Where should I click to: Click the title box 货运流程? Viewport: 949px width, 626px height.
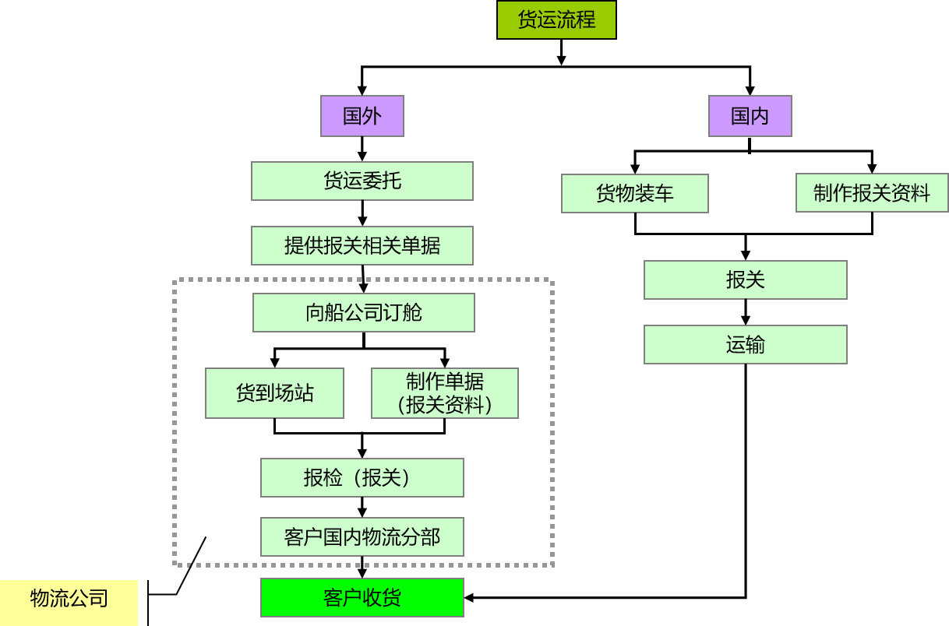[556, 19]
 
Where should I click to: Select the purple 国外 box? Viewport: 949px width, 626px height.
[362, 116]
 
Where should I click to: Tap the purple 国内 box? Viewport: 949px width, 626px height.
[750, 116]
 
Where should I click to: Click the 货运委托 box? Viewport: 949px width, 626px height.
[362, 181]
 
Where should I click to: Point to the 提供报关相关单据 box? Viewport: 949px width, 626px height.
[362, 246]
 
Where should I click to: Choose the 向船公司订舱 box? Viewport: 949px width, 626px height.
[364, 313]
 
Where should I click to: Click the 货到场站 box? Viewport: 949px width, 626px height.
[274, 393]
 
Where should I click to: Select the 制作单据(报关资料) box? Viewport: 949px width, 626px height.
[445, 393]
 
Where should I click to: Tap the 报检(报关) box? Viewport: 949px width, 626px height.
[362, 477]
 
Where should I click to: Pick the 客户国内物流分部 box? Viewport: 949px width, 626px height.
[362, 536]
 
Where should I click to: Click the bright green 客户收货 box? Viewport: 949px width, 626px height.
[362, 598]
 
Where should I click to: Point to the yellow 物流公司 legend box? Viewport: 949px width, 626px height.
[69, 598]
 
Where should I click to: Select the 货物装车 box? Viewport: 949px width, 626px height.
[635, 193]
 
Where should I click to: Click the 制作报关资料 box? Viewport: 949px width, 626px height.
[872, 193]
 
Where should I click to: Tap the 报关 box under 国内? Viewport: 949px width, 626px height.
[746, 280]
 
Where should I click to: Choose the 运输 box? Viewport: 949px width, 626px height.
[746, 344]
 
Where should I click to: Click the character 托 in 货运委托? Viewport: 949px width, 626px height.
[392, 181]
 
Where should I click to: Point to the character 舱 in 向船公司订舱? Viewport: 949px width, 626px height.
[413, 313]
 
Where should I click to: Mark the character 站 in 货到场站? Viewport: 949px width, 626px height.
[304, 393]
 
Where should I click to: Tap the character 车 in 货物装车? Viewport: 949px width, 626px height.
[665, 193]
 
